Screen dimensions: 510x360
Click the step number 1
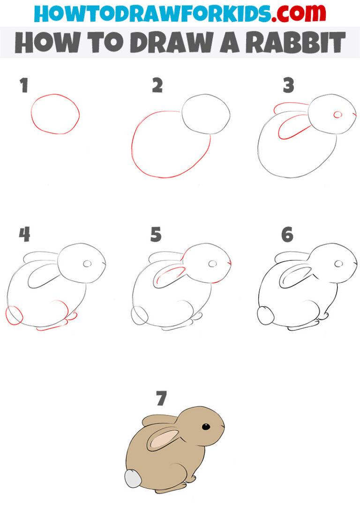tap(24, 86)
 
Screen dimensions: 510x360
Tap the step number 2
tap(157, 86)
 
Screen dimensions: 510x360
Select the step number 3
tap(288, 86)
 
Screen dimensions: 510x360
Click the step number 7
tap(161, 399)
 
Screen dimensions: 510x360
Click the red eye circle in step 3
tap(337, 114)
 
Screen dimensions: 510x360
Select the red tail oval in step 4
tap(14, 314)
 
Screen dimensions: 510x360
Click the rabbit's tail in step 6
tap(265, 315)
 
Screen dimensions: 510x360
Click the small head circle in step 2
tap(206, 114)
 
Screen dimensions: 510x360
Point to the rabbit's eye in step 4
tap(87, 264)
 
